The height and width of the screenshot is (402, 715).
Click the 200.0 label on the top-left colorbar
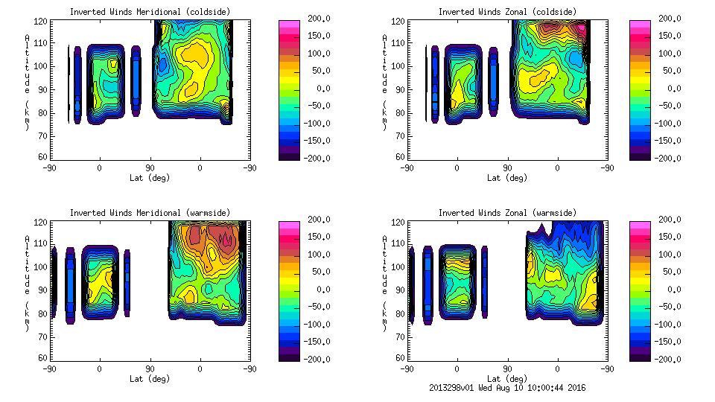[311, 19]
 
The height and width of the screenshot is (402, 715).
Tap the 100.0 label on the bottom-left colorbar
[311, 255]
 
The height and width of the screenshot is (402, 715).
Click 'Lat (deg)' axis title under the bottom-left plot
[149, 379]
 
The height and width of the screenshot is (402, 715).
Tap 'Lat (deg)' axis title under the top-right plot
[507, 178]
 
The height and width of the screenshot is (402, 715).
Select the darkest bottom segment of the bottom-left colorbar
[287, 354]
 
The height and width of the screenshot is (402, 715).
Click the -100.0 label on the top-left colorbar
[309, 123]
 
